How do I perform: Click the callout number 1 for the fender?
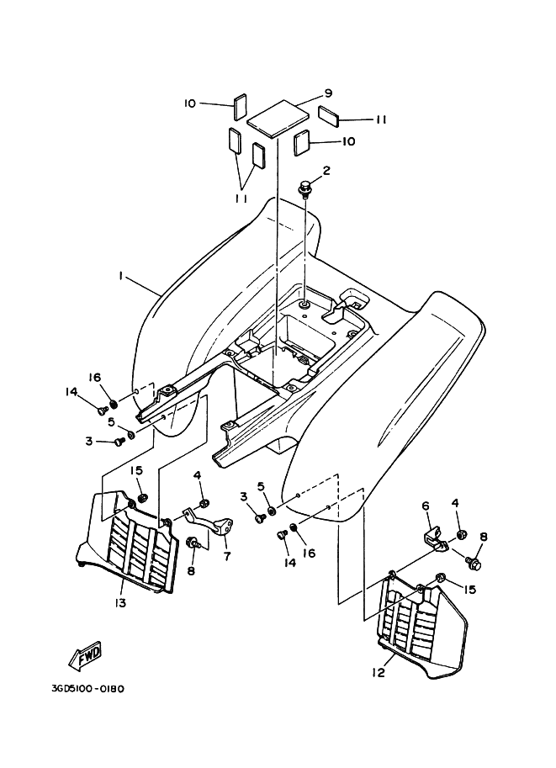(122, 275)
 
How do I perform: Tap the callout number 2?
(326, 171)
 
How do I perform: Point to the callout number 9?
(327, 94)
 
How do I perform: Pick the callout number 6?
(426, 506)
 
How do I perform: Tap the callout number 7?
(225, 557)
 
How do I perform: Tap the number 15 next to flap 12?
(469, 590)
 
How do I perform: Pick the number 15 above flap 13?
(136, 470)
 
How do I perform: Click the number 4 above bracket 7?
(199, 475)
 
